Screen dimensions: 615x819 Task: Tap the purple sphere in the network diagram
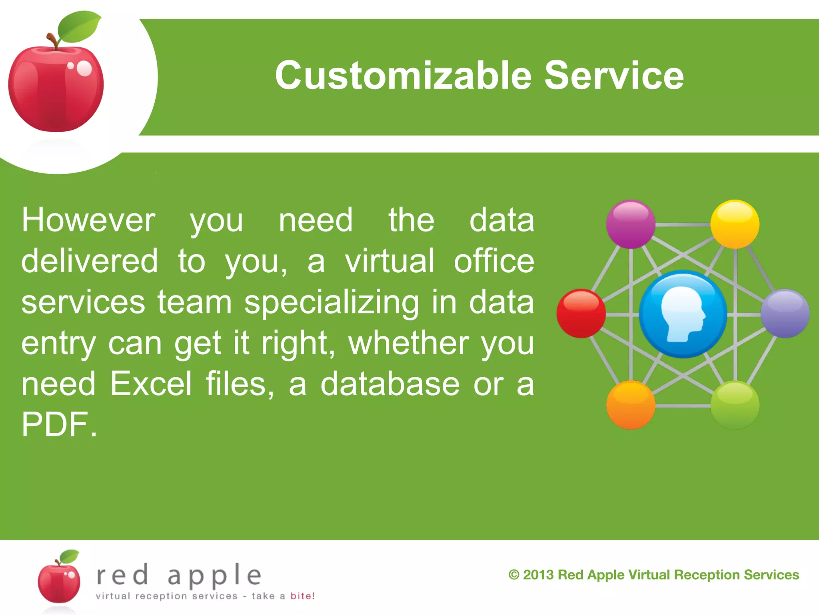(631, 224)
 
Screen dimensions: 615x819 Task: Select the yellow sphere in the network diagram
(735, 224)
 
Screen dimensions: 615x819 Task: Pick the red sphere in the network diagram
(581, 314)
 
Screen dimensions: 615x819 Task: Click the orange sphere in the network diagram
(631, 405)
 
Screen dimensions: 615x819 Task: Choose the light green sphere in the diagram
(735, 405)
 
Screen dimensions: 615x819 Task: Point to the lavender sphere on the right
(785, 314)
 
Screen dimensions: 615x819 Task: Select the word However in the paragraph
(88, 221)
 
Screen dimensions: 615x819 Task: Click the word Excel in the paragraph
(151, 384)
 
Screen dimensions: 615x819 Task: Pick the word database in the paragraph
(390, 384)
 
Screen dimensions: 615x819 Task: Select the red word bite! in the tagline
(302, 596)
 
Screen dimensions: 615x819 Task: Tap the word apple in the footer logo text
(214, 576)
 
